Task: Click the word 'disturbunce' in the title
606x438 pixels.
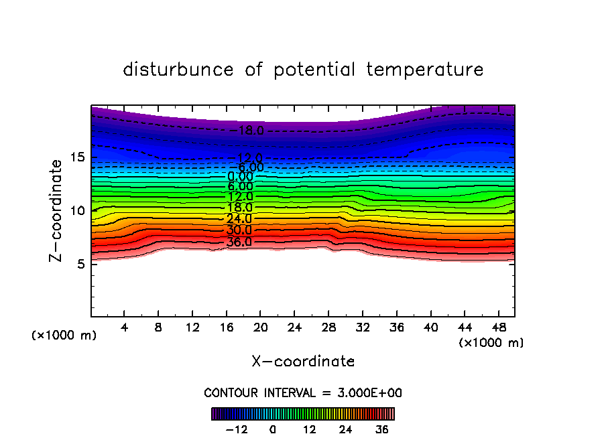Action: (x=178, y=70)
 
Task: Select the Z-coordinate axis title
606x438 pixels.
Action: (x=58, y=210)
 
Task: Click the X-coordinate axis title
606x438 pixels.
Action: (x=303, y=362)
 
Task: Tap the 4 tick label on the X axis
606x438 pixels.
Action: (x=125, y=327)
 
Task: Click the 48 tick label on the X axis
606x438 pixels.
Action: (x=498, y=327)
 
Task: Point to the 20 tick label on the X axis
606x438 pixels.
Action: (x=261, y=327)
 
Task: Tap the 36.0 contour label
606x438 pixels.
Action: (x=239, y=242)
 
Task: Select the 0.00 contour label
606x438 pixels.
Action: (x=240, y=177)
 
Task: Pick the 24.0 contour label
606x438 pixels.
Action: (x=239, y=219)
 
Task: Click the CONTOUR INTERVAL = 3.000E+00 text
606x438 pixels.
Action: (x=303, y=393)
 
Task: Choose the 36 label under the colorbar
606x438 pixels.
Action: (x=382, y=429)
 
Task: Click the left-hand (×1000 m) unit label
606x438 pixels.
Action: (x=64, y=336)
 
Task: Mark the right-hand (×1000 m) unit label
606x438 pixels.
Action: (x=491, y=343)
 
